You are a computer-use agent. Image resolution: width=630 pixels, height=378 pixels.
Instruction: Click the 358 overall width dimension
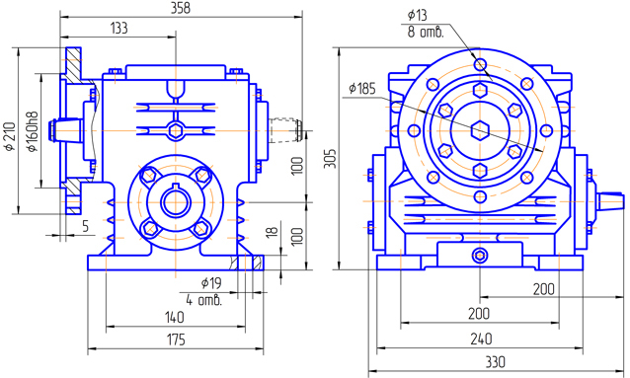point(181,8)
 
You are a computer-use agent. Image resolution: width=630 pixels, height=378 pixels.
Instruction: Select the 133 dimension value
point(118,28)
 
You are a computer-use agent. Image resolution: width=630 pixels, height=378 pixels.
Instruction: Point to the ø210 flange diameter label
point(10,136)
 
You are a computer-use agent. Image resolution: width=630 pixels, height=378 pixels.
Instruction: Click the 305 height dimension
point(330,159)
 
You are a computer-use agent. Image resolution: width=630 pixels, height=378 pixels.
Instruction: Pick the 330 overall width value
point(495,362)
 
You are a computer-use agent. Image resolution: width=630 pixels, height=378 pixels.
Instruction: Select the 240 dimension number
point(481,340)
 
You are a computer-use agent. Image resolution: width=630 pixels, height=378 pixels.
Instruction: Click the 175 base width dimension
point(176,340)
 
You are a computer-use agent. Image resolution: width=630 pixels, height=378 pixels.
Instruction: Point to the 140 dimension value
point(175,318)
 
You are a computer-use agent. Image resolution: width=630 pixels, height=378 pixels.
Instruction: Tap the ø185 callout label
point(362,89)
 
